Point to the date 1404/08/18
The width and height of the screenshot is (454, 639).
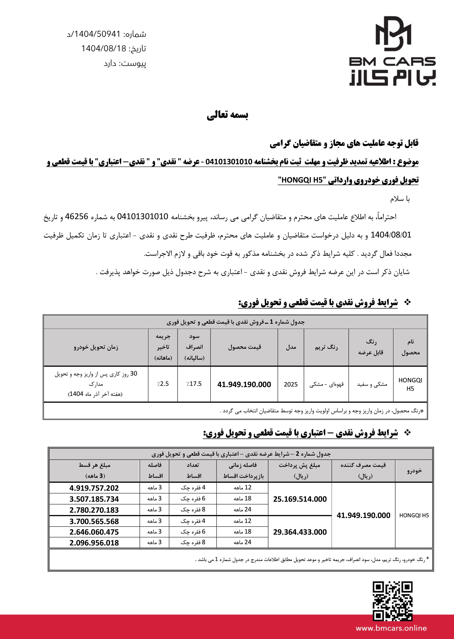(104, 49)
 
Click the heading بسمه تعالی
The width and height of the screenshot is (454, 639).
(227, 115)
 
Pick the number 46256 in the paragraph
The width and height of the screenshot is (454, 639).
(77, 217)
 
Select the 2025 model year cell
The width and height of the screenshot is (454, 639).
(291, 384)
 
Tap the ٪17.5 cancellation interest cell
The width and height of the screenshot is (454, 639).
(194, 384)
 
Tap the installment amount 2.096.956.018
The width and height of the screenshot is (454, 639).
(94, 543)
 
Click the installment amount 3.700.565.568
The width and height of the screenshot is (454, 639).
(94, 521)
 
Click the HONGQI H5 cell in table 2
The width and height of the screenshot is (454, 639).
(414, 515)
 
